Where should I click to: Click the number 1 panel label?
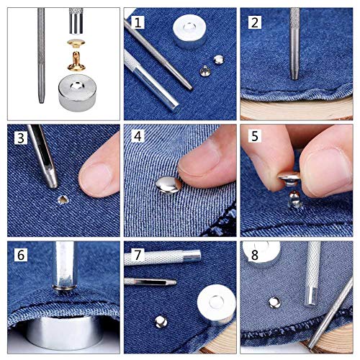point(138,22)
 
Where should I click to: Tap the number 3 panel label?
point(22,137)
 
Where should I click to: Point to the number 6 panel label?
point(22,255)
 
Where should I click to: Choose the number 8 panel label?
point(253,255)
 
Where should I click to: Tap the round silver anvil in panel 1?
point(191,32)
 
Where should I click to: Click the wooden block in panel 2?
point(295,108)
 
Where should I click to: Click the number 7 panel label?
point(138,255)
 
